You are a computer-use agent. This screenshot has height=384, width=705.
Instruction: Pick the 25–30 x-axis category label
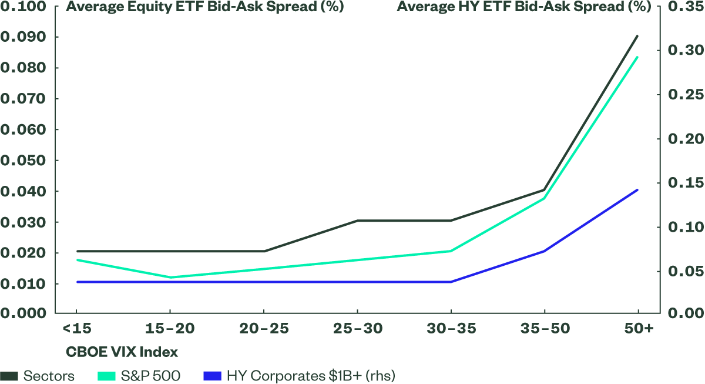tap(358, 328)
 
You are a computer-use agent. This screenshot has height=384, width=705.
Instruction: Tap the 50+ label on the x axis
tap(638, 328)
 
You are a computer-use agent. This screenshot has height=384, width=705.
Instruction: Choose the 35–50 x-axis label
tap(545, 328)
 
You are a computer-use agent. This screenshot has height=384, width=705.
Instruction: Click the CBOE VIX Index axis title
tap(121, 352)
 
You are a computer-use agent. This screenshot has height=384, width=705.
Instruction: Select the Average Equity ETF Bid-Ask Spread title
tap(205, 8)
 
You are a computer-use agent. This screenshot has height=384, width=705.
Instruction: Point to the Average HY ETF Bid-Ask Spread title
tap(524, 8)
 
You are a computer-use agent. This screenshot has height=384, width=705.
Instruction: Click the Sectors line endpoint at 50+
tap(638, 36)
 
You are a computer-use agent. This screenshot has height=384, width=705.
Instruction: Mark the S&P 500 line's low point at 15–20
tap(170, 277)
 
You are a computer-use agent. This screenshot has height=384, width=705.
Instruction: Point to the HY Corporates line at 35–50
tap(545, 251)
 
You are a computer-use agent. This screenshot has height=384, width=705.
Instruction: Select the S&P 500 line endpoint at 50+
tap(638, 57)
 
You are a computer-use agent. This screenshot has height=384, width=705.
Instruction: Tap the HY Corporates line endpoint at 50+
tap(638, 190)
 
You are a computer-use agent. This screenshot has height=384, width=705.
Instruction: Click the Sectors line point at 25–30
tap(358, 221)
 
